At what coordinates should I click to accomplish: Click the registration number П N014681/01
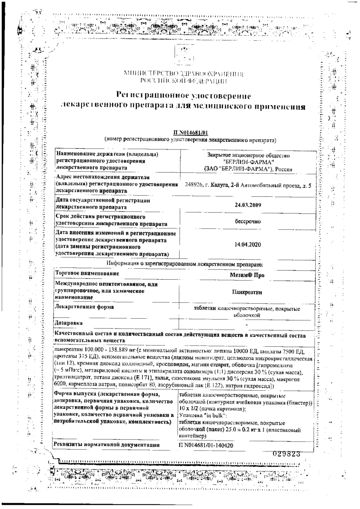[190, 132]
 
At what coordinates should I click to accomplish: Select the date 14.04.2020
[247, 244]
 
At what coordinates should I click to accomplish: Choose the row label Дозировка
[68, 323]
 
